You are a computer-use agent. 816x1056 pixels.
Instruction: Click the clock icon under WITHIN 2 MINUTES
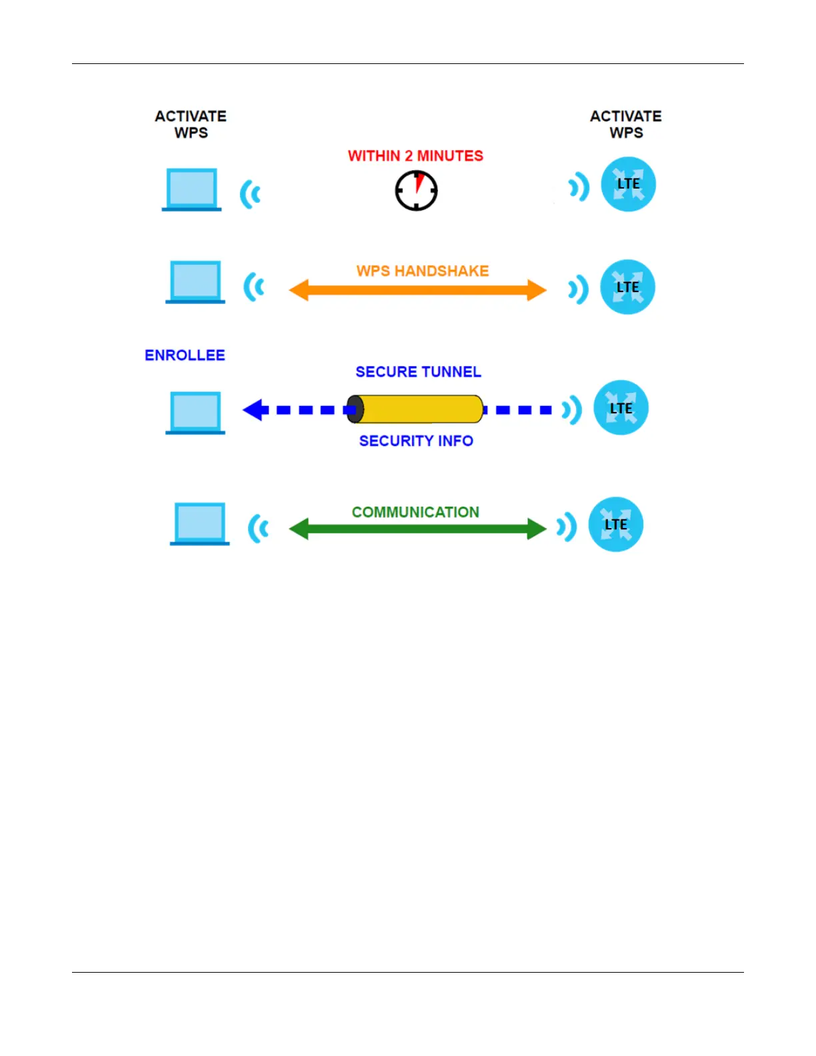pyautogui.click(x=416, y=191)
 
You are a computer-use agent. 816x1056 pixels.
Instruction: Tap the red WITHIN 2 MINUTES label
pyautogui.click(x=415, y=156)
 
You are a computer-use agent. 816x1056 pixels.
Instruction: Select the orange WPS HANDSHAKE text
pyautogui.click(x=422, y=271)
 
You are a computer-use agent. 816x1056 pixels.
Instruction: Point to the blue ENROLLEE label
pyautogui.click(x=185, y=355)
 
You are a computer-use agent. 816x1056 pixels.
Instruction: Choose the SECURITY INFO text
pyautogui.click(x=416, y=441)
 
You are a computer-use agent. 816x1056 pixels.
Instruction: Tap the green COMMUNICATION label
pyautogui.click(x=415, y=512)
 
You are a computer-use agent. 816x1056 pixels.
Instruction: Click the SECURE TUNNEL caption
pyautogui.click(x=418, y=372)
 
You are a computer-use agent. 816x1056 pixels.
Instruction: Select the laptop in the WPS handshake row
pyautogui.click(x=195, y=282)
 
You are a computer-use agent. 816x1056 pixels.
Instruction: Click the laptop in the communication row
pyautogui.click(x=199, y=524)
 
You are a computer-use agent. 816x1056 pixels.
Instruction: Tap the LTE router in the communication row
pyautogui.click(x=615, y=525)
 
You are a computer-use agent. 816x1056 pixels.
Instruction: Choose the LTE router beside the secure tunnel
pyautogui.click(x=621, y=408)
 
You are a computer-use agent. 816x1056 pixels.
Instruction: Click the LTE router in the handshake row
pyautogui.click(x=627, y=287)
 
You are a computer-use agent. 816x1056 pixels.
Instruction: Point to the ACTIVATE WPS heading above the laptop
pyautogui.click(x=191, y=125)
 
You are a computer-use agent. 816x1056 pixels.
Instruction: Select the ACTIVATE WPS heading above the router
pyautogui.click(x=625, y=125)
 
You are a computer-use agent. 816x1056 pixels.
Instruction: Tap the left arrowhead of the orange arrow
pyautogui.click(x=299, y=290)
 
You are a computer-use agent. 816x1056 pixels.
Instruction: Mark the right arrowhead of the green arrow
pyautogui.click(x=536, y=529)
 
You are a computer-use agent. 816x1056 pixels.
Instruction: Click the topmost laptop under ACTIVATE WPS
pyautogui.click(x=191, y=189)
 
